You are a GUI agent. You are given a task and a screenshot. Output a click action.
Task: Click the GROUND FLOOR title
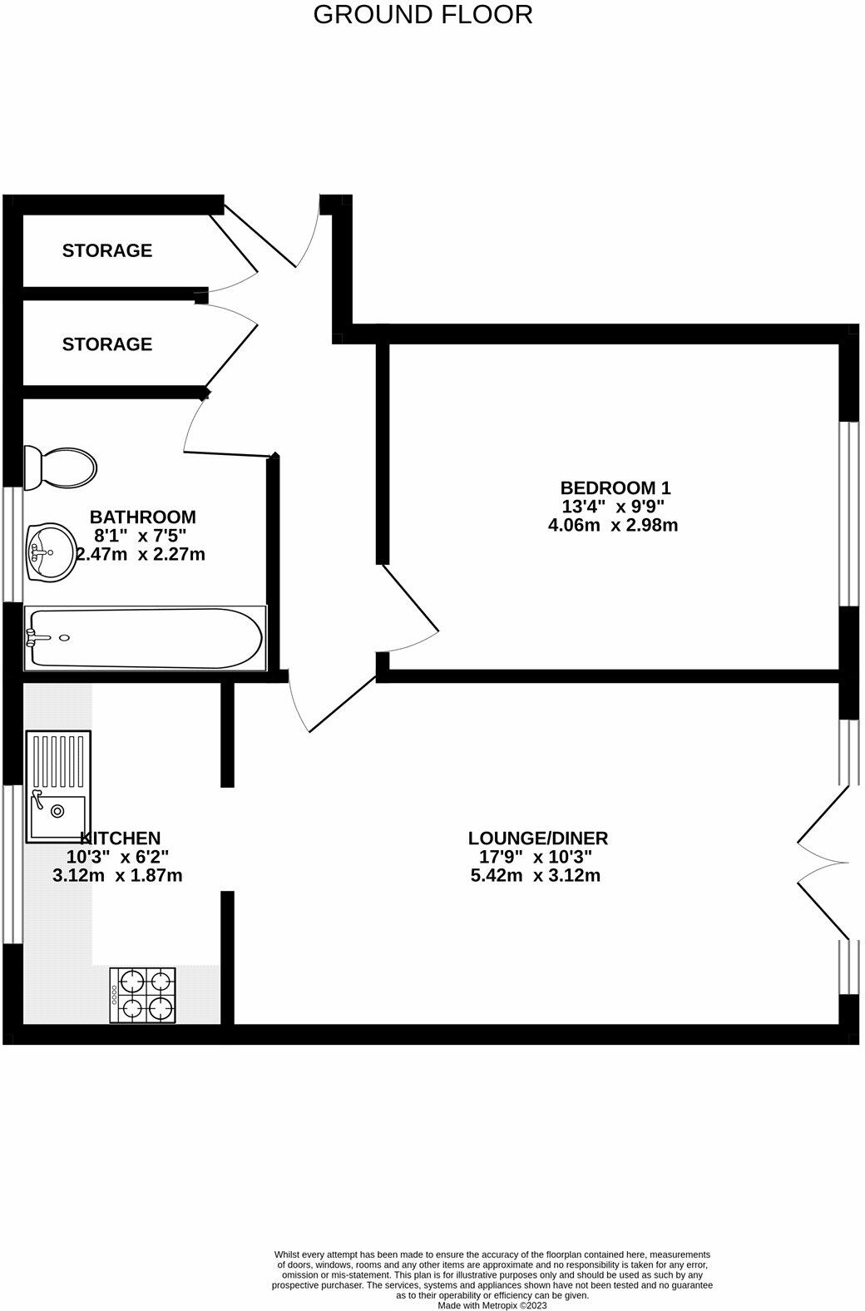pyautogui.click(x=423, y=15)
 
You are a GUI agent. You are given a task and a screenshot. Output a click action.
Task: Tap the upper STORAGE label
pyautogui.click(x=106, y=250)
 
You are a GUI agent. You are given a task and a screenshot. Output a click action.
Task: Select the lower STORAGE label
pyautogui.click(x=106, y=344)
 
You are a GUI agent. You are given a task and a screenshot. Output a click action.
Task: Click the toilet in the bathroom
pyautogui.click(x=59, y=468)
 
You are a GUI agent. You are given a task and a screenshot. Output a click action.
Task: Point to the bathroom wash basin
pyautogui.click(x=49, y=552)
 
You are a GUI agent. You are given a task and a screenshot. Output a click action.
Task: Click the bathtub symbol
pyautogui.click(x=146, y=638)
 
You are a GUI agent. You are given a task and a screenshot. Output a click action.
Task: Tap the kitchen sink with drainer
pyautogui.click(x=58, y=785)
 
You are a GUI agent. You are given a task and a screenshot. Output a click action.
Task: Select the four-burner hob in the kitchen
pyautogui.click(x=143, y=996)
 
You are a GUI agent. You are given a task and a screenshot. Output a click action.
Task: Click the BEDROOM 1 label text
pyautogui.click(x=615, y=487)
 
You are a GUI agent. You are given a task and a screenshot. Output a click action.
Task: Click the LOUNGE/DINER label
pyautogui.click(x=538, y=838)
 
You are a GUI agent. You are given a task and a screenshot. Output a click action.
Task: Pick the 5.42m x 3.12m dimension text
pyautogui.click(x=535, y=875)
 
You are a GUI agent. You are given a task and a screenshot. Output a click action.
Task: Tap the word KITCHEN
pyautogui.click(x=121, y=838)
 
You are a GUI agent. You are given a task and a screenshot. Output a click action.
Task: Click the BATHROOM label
pyautogui.click(x=143, y=517)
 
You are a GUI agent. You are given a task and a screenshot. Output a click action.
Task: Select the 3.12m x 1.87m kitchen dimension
pyautogui.click(x=117, y=875)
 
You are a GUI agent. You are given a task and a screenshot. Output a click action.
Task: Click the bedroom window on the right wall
pyautogui.click(x=848, y=513)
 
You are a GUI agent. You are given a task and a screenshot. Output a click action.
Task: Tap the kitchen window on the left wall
pyautogui.click(x=12, y=863)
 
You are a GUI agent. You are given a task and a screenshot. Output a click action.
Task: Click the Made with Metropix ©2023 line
pyautogui.click(x=492, y=1305)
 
